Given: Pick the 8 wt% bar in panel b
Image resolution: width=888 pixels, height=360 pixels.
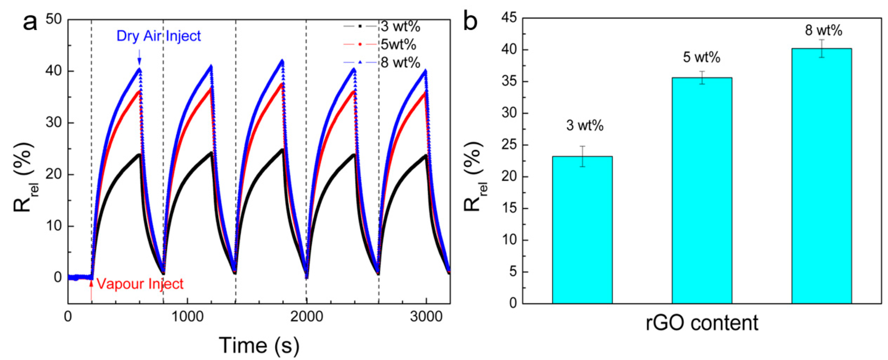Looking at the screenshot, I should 822,176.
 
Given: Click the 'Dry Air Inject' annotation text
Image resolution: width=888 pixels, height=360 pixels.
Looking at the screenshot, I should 159,36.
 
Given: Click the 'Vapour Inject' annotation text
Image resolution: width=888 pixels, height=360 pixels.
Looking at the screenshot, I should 140,284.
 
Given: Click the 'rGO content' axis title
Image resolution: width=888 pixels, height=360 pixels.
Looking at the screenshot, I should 702,323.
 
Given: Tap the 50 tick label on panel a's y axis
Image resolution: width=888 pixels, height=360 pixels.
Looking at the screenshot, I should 53,20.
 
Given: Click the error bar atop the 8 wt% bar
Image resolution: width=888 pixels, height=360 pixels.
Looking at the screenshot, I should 822,48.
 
